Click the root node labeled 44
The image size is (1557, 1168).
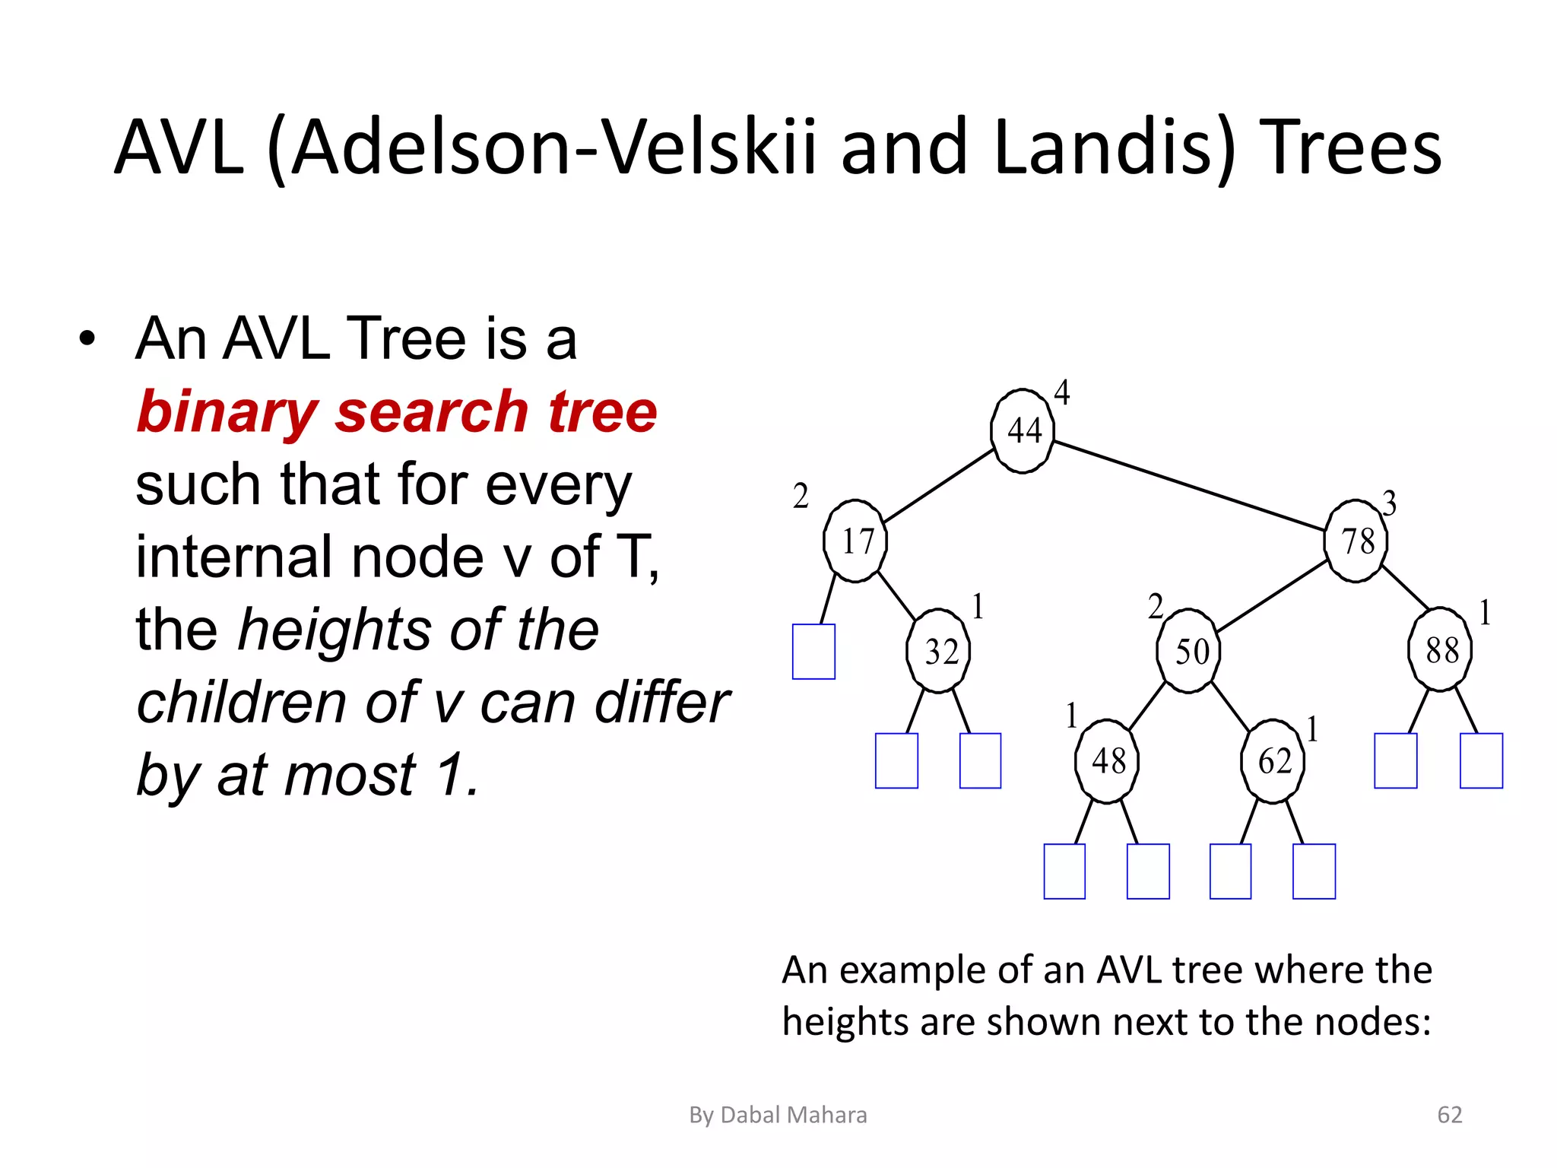1023,431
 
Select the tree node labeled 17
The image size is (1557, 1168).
855,541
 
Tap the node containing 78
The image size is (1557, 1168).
1356,541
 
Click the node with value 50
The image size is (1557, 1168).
1189,651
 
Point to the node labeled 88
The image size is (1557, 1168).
1441,650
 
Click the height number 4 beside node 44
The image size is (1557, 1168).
1062,393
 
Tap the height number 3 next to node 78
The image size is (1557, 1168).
1389,503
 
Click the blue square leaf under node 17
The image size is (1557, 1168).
813,652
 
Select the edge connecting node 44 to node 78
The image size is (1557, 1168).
1190,485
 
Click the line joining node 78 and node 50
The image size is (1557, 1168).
1272,597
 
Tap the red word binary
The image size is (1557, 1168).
226,412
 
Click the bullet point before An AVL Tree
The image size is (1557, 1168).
87,339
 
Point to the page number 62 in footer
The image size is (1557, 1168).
1449,1115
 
